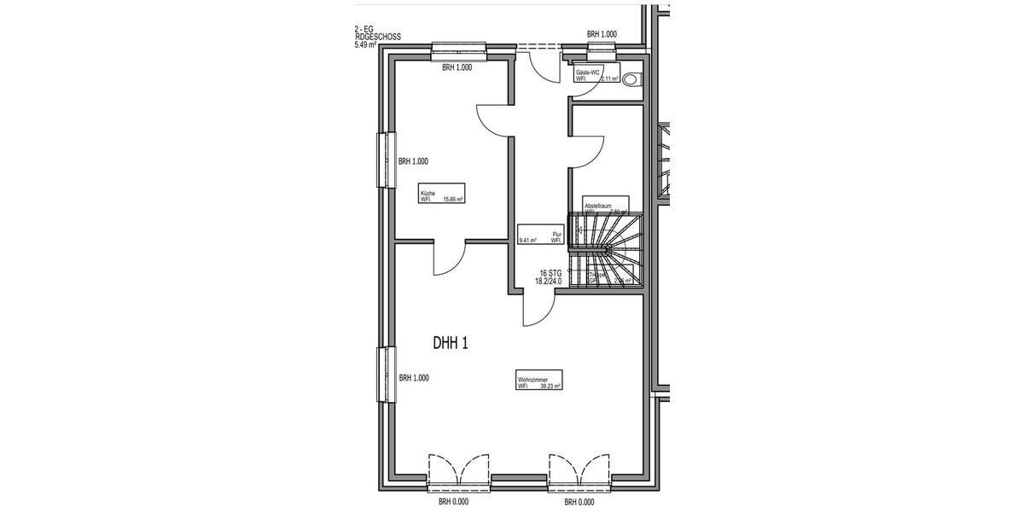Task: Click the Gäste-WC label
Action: click(x=596, y=74)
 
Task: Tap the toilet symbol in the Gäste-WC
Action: click(x=631, y=79)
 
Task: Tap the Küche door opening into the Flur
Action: click(x=495, y=119)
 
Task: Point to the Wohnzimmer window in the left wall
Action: click(x=387, y=374)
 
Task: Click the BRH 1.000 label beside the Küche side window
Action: click(x=413, y=161)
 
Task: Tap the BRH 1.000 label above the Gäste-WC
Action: click(x=602, y=34)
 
